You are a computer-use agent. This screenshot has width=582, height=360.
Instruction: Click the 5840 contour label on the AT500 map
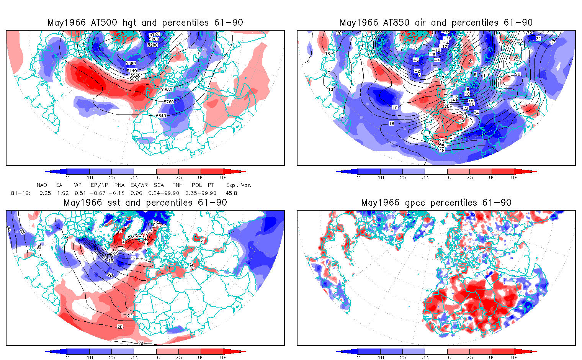[x=161, y=116]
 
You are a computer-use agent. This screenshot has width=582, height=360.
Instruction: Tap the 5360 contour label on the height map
[x=131, y=63]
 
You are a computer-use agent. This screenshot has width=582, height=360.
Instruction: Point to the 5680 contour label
[x=167, y=90]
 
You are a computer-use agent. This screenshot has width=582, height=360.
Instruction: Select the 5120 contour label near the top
[x=154, y=34]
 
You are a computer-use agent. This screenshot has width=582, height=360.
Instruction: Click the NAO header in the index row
[x=42, y=185]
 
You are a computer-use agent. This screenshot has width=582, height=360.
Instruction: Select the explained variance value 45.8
[x=231, y=193]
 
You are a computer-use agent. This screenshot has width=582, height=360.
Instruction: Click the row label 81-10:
[x=21, y=193]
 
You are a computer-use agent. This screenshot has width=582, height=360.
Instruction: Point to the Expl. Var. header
[x=239, y=185]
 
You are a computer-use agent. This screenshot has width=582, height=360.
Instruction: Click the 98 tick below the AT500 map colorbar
[x=223, y=177]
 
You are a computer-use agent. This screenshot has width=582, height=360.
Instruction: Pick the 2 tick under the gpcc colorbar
[x=358, y=357]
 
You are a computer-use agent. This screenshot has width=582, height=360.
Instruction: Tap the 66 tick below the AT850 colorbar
[x=448, y=177]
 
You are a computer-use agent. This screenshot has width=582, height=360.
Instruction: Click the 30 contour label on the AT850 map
[x=461, y=121]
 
